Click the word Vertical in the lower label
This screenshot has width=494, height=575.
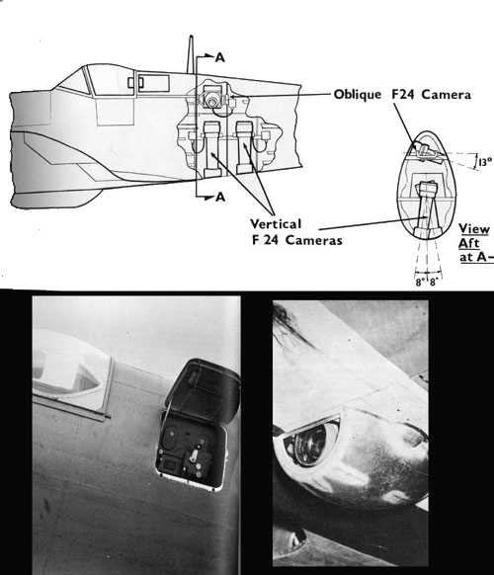click(x=276, y=223)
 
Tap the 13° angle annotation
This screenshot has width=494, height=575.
click(x=485, y=162)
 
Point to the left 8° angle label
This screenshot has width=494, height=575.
click(x=420, y=282)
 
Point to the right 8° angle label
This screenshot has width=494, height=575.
click(x=434, y=282)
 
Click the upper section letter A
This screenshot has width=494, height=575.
click(x=220, y=57)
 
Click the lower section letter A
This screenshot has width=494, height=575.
click(x=220, y=198)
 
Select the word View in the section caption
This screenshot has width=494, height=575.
click(x=474, y=229)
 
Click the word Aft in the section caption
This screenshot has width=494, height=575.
click(x=468, y=243)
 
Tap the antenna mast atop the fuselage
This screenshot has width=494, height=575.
click(x=191, y=54)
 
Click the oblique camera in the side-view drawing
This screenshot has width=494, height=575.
click(x=211, y=97)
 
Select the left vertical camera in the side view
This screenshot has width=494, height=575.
click(x=211, y=149)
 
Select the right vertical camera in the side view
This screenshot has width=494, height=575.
click(x=244, y=148)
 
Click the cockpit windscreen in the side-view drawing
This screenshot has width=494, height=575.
click(x=74, y=82)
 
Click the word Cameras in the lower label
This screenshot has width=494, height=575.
click(x=314, y=240)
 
